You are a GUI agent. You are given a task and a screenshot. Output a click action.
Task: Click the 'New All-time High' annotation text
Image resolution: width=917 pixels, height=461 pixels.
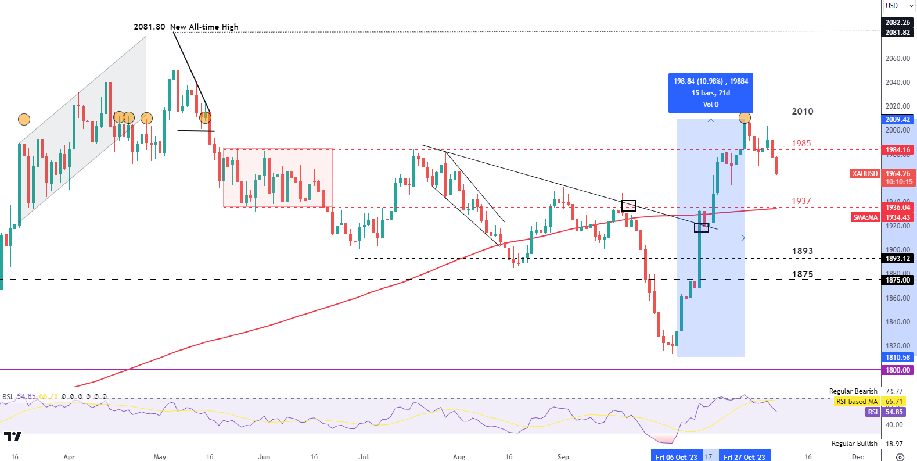[x=204, y=27]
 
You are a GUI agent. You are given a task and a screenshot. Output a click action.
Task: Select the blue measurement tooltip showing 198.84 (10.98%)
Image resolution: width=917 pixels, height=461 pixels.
[x=710, y=93]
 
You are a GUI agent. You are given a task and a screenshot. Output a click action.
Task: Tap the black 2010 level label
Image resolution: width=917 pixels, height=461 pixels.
[x=803, y=111]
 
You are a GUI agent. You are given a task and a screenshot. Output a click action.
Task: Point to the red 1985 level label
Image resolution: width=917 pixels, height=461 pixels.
[x=801, y=143]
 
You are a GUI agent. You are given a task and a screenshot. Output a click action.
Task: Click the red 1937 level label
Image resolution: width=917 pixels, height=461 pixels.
[x=801, y=201]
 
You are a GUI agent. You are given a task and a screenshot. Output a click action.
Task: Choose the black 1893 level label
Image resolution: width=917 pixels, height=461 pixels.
[x=803, y=251]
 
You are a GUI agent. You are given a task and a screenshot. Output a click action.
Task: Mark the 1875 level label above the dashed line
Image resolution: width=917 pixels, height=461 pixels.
[x=803, y=274]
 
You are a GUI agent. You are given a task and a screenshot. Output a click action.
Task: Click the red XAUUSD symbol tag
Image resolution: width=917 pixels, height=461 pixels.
[x=865, y=174]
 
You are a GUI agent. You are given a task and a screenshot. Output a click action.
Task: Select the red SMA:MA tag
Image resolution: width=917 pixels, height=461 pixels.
[x=865, y=217]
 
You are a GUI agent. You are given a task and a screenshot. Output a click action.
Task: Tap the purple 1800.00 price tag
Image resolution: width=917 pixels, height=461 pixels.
[x=898, y=370]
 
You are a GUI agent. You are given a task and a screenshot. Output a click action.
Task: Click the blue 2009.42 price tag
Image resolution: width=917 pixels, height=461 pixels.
[x=898, y=120]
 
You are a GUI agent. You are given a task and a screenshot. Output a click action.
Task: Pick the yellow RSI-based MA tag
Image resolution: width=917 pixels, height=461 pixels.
[x=857, y=402]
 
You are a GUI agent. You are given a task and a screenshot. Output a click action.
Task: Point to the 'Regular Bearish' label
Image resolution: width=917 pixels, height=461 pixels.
[x=853, y=391]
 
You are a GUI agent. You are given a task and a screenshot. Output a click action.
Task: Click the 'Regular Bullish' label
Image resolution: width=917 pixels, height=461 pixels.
[x=854, y=444]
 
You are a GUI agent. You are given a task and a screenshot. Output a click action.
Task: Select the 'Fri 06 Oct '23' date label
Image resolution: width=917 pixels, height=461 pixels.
[x=676, y=457]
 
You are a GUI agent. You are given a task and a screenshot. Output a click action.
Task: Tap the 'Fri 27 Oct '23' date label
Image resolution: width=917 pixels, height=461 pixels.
[x=744, y=457]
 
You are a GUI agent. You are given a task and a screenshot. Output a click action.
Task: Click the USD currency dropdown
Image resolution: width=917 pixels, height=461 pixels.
[x=898, y=6]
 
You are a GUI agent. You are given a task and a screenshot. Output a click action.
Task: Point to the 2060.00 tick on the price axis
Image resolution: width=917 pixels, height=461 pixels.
[x=897, y=59]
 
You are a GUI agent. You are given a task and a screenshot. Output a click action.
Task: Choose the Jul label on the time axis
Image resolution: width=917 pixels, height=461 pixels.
[x=364, y=457]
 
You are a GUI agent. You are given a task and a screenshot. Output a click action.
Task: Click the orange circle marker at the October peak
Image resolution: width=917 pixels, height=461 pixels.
[x=745, y=118]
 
